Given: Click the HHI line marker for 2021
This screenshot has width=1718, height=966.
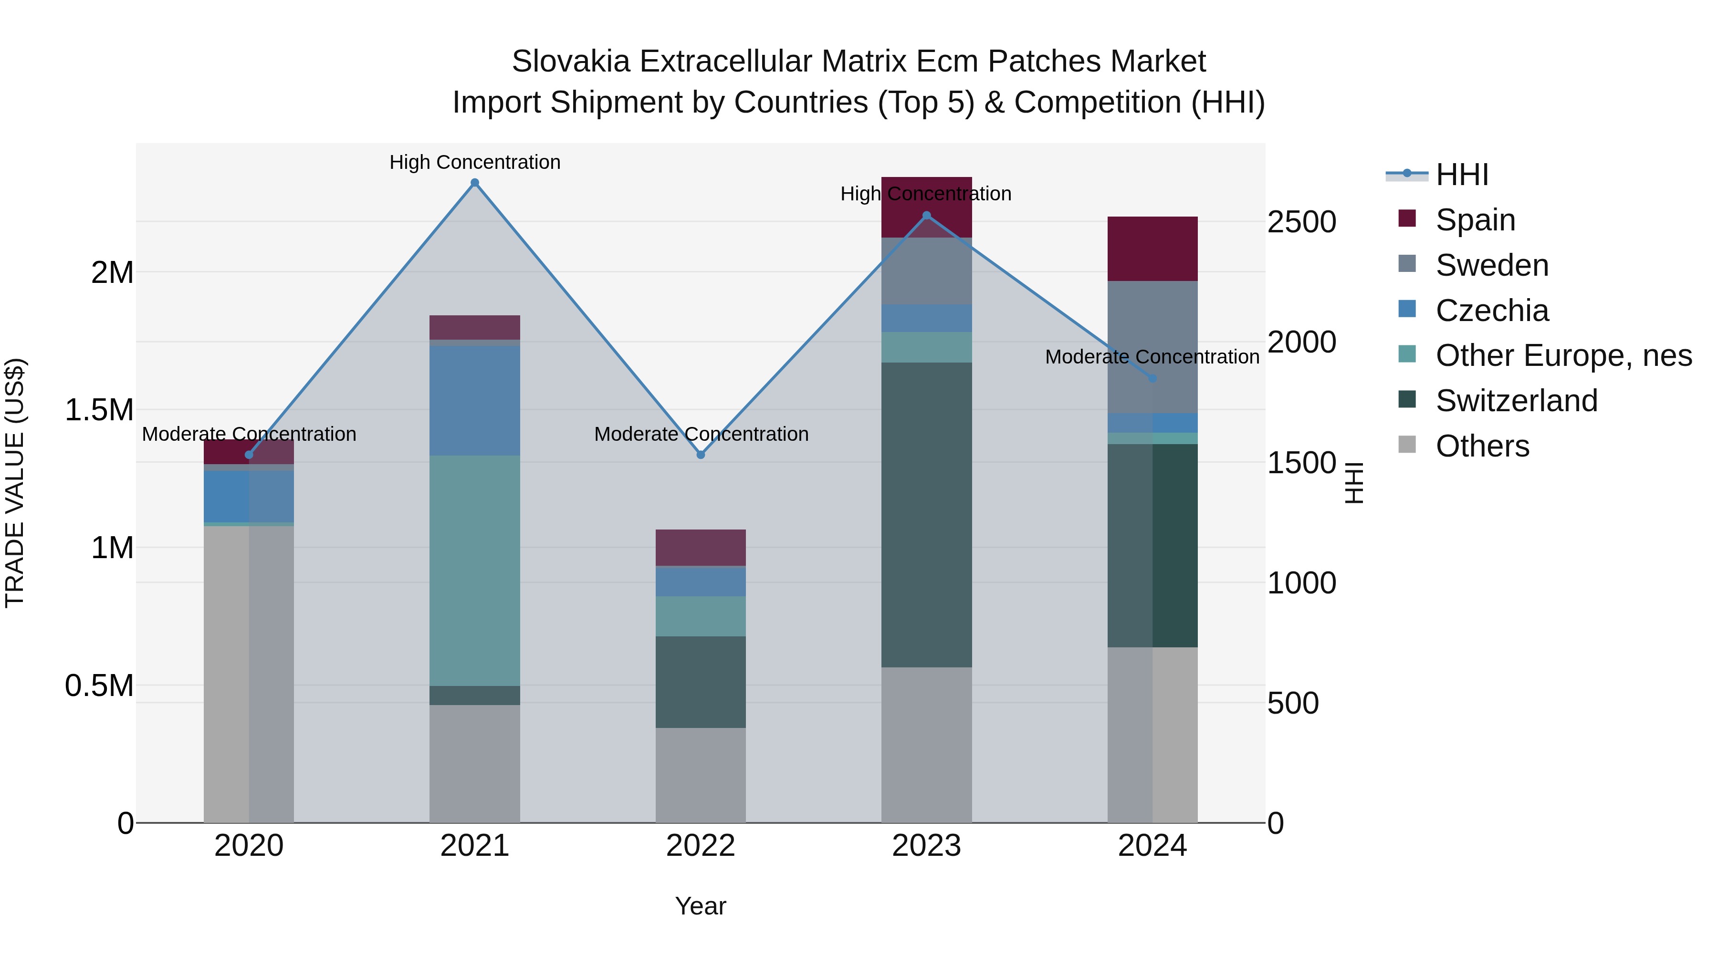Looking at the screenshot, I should [x=475, y=183].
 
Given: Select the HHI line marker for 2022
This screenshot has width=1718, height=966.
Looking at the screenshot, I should [x=700, y=455].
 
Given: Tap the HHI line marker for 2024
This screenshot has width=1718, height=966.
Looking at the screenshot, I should [x=1152, y=378].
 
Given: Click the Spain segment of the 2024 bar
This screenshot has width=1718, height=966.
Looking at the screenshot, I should [x=1152, y=249].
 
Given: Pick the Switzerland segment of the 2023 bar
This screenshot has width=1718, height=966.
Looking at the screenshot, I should [x=926, y=515].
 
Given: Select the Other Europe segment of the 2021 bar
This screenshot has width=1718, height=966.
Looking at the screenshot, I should [x=474, y=570].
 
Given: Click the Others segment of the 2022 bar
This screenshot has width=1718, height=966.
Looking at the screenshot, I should [x=700, y=775].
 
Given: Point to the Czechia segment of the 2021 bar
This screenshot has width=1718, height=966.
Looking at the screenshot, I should [x=474, y=400].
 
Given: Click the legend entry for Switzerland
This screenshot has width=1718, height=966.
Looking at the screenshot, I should [x=1516, y=401].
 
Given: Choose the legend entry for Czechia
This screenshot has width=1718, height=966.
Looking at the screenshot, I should [x=1491, y=311].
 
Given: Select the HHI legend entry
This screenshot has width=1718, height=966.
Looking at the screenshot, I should [x=1461, y=175].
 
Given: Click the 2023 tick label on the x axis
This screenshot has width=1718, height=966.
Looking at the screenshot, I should [x=926, y=846].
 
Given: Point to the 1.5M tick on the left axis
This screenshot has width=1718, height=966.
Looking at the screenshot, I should [x=99, y=410].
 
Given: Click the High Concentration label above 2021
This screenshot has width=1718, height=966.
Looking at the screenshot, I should [x=475, y=162].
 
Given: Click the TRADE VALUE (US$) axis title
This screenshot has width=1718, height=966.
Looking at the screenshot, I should [x=15, y=483].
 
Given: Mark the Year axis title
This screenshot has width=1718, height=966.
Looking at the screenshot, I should [x=700, y=906].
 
